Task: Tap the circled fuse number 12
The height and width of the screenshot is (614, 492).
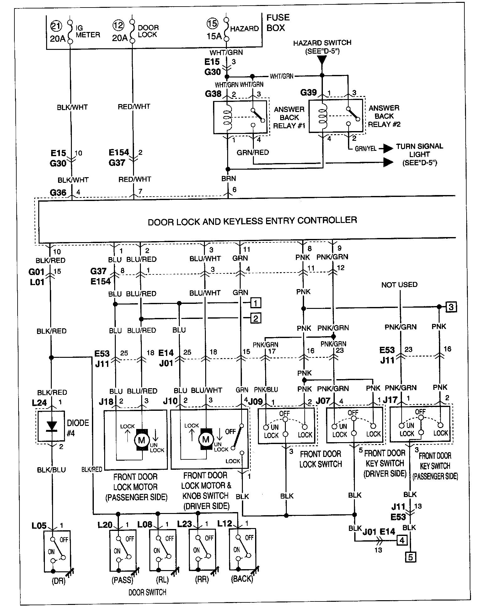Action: coord(119,25)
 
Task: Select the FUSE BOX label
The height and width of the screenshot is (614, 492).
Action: coord(277,23)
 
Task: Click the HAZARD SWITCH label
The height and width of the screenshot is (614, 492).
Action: coord(322,43)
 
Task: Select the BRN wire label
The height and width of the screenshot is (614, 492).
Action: coord(228,178)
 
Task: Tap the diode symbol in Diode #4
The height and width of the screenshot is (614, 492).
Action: coord(51,426)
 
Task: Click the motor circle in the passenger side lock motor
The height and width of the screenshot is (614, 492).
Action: coord(142,440)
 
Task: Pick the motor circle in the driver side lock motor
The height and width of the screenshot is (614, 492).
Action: coord(206,439)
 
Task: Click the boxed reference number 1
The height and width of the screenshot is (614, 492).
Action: coord(256,303)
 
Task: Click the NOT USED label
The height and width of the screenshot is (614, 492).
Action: coord(399,285)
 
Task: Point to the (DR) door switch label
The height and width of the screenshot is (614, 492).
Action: coord(58,581)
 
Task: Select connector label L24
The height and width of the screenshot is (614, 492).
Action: coord(40,402)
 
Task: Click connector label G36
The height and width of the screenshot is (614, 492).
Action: coord(58,192)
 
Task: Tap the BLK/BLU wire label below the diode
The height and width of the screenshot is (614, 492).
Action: coord(51,469)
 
